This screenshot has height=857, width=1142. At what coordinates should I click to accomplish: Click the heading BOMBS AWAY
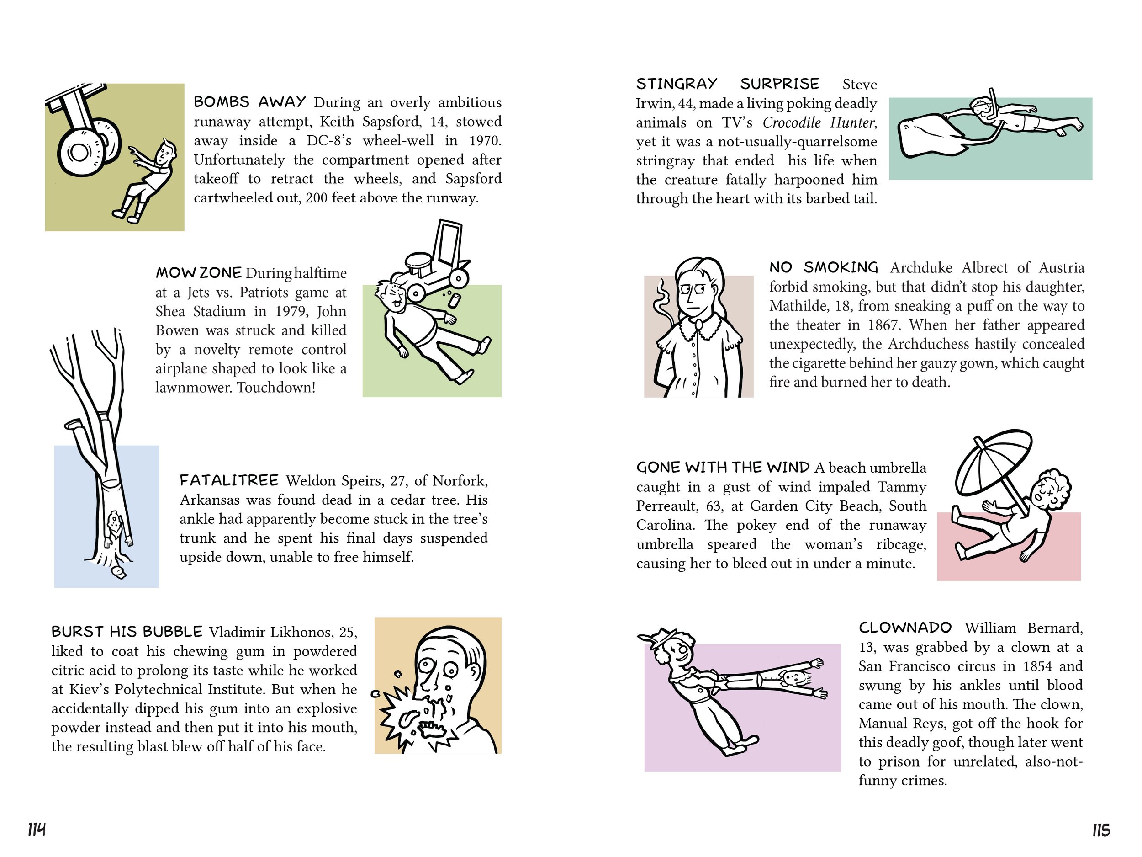[250, 102]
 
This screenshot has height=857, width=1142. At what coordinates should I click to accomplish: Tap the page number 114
[37, 830]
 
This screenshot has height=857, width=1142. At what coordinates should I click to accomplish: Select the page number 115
[1101, 830]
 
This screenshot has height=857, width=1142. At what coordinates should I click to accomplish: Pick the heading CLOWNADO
[905, 628]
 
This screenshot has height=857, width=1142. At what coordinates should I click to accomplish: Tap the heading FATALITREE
[229, 480]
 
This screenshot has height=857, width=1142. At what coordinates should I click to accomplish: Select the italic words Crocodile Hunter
[819, 122]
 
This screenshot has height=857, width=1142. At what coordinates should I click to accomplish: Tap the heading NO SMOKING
[824, 267]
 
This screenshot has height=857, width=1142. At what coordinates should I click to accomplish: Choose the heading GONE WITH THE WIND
[723, 467]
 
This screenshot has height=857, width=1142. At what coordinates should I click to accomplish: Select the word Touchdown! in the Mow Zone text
[276, 388]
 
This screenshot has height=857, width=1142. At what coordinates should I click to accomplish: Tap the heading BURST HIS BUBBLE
[127, 631]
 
